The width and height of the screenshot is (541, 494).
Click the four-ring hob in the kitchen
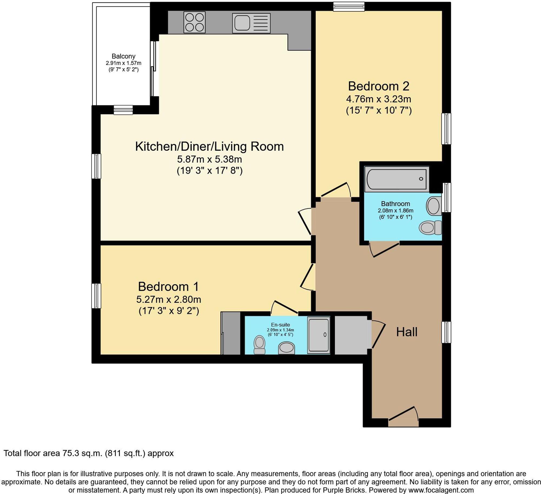[x=194, y=22]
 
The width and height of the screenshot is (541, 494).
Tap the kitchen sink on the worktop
[x=251, y=23]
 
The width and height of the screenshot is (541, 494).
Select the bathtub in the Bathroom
[x=397, y=179]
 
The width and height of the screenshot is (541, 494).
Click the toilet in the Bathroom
[x=430, y=227]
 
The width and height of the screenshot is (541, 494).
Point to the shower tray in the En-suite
[x=319, y=335]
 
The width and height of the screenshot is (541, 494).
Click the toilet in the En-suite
[x=259, y=345]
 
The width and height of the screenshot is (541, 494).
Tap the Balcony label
[x=123, y=56]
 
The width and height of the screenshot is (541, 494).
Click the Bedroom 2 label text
[x=378, y=86]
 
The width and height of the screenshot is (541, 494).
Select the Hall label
[x=407, y=332]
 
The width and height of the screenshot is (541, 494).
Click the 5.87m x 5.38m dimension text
[x=209, y=159]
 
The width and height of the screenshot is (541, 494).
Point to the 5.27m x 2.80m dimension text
[x=169, y=300]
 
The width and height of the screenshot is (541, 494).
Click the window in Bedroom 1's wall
[x=96, y=296]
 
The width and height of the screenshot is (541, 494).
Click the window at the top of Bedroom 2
[x=349, y=6]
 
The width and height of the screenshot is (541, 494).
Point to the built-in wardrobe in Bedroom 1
[x=231, y=333]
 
